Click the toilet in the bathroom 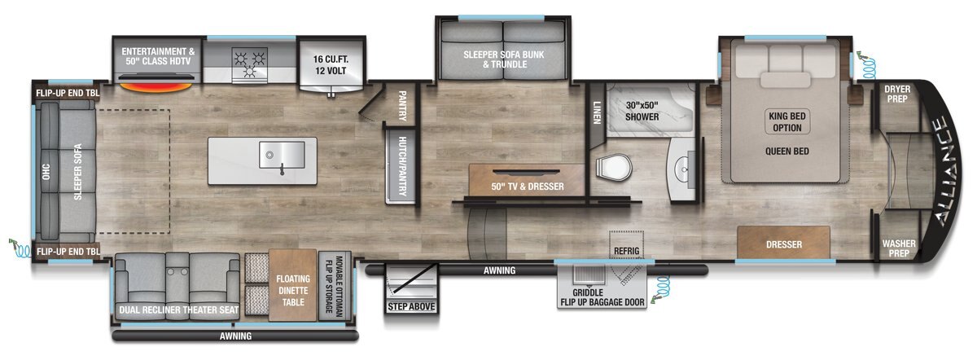click(x=614, y=168)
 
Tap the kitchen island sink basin click(x=283, y=155)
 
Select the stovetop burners click(x=249, y=64)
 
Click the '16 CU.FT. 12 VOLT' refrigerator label click(x=331, y=64)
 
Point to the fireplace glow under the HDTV click(x=156, y=87)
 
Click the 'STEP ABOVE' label click(x=411, y=306)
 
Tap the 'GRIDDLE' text click(x=588, y=292)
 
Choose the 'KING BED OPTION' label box click(x=787, y=121)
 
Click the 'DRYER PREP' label click(x=897, y=94)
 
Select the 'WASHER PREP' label click(x=899, y=248)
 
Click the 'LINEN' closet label click(x=597, y=113)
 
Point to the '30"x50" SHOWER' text click(x=642, y=111)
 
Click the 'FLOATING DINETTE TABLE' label click(x=293, y=290)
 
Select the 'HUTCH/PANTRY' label click(x=402, y=166)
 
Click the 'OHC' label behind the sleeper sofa click(x=46, y=172)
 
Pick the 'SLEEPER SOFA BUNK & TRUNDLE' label click(x=504, y=59)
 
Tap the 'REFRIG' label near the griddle click(x=626, y=251)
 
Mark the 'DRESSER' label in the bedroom click(x=784, y=244)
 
